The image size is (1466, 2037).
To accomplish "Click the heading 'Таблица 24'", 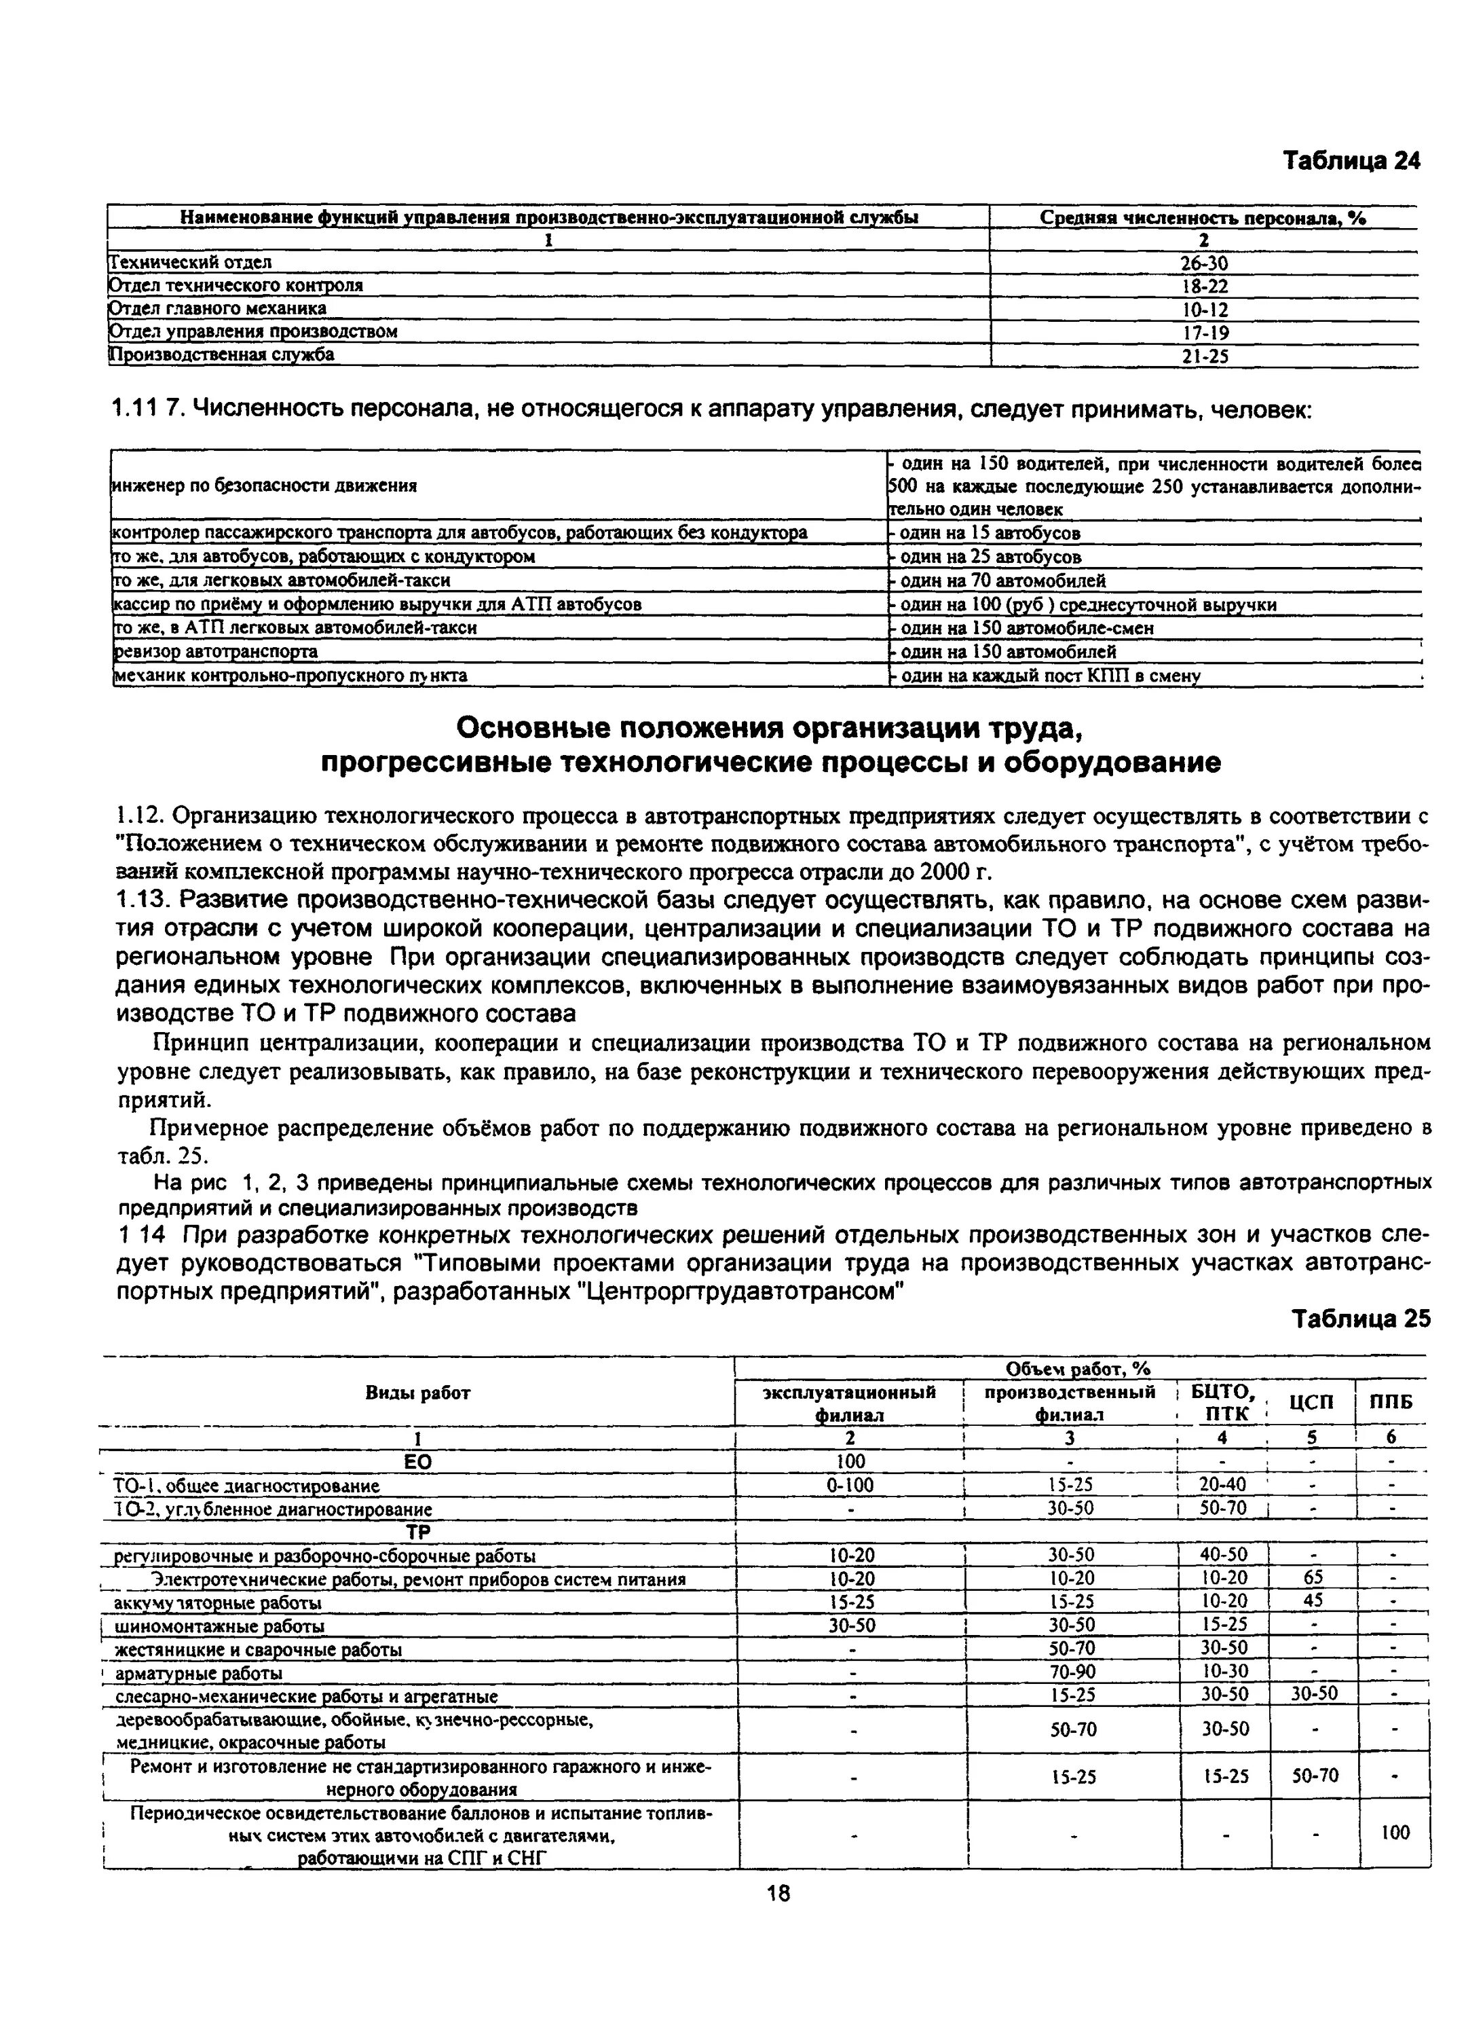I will [x=1351, y=161].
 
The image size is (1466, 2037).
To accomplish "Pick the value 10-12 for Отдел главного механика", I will [x=1203, y=310].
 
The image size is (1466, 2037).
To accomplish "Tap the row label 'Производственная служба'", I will [x=222, y=354].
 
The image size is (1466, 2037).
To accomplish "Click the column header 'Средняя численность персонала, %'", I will [x=1202, y=217].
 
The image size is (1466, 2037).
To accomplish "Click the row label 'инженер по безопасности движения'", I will [x=265, y=486].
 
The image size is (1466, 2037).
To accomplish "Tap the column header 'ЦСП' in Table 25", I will [x=1311, y=1403].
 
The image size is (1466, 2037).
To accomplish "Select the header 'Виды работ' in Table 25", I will [x=417, y=1393].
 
